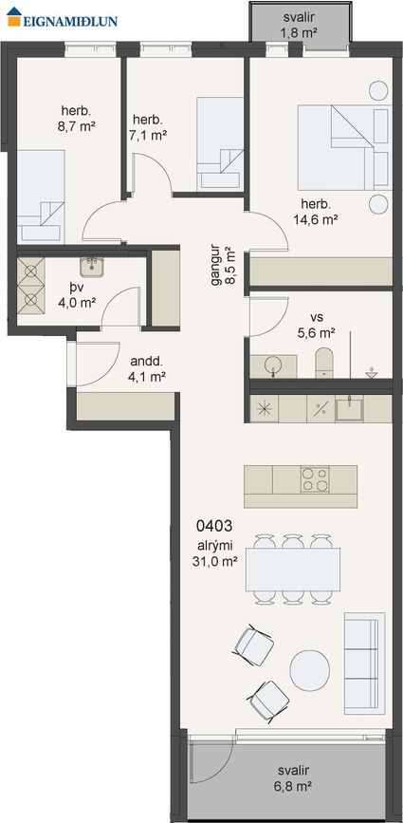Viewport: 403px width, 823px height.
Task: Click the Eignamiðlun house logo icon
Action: click(14, 17)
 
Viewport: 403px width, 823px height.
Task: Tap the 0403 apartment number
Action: click(213, 525)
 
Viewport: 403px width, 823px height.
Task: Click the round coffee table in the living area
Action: click(310, 670)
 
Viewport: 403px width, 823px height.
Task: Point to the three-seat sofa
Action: click(364, 663)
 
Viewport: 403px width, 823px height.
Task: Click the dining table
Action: click(293, 570)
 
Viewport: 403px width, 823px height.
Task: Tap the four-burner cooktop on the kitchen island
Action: click(315, 479)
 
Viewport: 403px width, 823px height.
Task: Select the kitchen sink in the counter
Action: click(349, 408)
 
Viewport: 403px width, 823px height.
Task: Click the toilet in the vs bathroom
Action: click(324, 363)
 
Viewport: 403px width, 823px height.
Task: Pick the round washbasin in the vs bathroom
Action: click(273, 365)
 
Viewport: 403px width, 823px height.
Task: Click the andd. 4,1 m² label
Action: click(147, 368)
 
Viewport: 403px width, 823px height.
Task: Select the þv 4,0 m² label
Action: click(77, 295)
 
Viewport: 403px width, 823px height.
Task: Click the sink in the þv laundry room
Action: click(92, 267)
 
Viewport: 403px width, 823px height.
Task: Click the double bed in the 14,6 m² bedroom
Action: click(344, 147)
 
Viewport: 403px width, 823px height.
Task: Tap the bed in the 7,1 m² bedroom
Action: click(220, 143)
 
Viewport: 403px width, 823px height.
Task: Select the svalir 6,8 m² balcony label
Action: click(294, 778)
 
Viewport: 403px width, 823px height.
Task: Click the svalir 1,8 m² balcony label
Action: click(300, 26)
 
